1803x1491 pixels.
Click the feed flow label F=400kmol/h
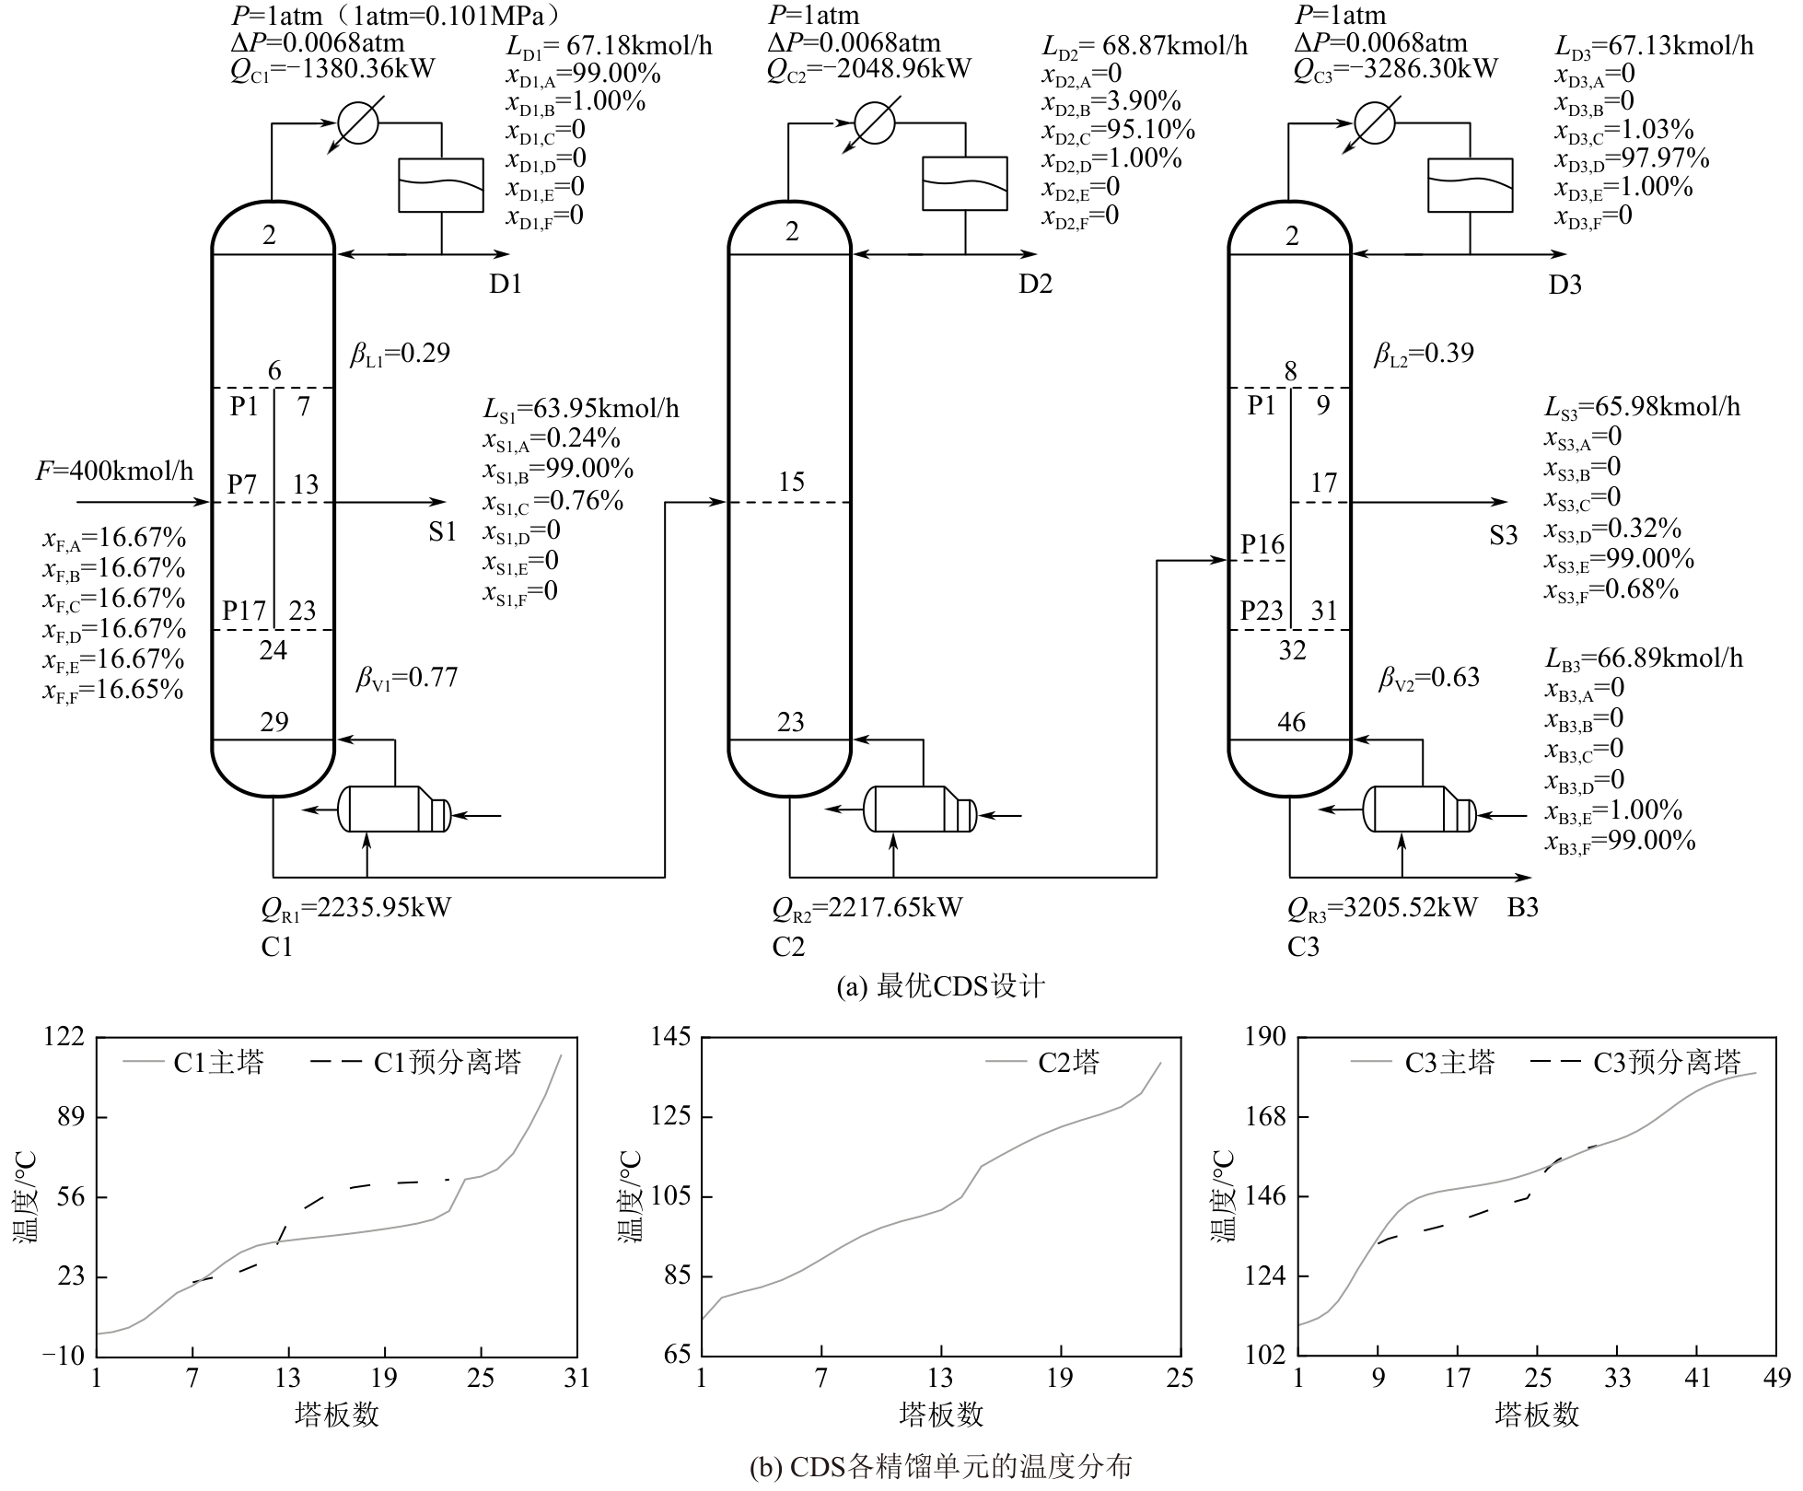point(115,472)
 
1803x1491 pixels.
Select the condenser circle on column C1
point(357,122)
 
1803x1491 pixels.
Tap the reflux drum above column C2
point(965,184)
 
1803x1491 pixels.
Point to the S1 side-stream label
point(443,532)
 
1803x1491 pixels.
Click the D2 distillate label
point(1035,284)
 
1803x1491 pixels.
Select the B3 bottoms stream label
point(1523,907)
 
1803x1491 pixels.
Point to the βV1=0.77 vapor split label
point(407,679)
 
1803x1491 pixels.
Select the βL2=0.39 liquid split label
point(1424,354)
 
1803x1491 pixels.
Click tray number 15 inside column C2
point(791,482)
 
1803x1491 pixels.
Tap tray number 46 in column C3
point(1291,722)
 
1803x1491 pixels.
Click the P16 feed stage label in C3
point(1262,545)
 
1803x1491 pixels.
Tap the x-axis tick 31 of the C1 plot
point(576,1379)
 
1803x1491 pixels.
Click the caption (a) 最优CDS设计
point(940,987)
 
